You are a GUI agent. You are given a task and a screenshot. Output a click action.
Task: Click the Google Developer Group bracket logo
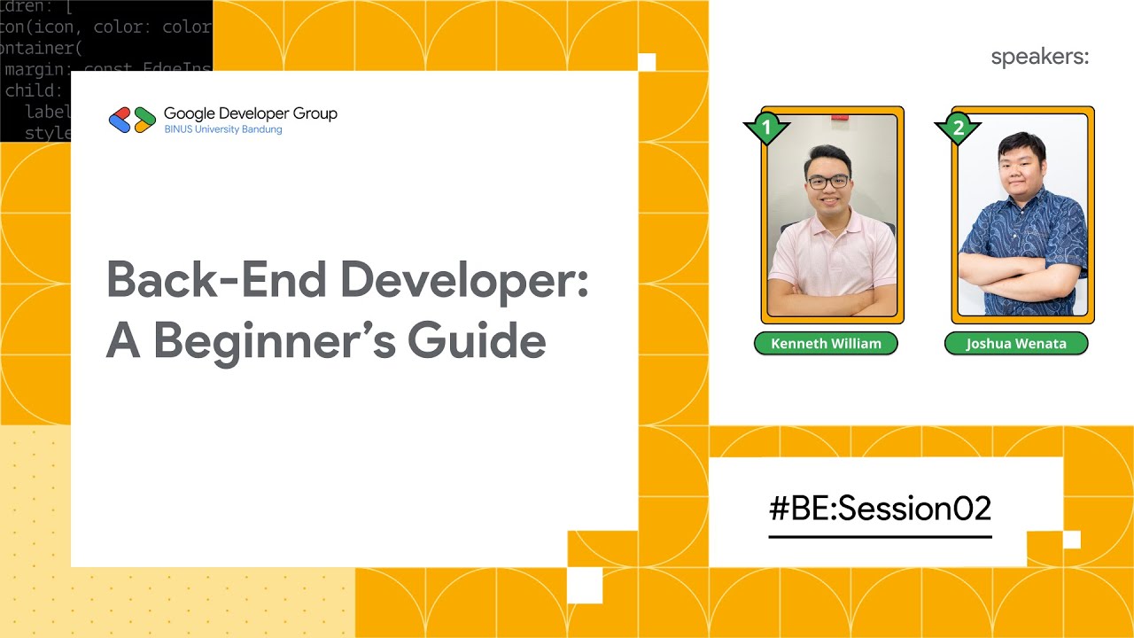132,120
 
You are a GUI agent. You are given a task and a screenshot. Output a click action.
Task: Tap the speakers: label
1039,58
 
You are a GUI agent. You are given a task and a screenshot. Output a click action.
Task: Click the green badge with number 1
765,128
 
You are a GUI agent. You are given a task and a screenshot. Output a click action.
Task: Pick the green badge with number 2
957,128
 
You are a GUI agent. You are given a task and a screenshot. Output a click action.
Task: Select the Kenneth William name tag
826,344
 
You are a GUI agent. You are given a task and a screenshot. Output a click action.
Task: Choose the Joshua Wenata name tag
1016,344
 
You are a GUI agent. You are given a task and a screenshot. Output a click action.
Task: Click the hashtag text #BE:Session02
880,509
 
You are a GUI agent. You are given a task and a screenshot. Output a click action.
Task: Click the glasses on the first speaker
827,181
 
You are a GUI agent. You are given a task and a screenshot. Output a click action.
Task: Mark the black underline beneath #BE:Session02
880,536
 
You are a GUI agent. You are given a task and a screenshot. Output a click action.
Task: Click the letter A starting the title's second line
122,342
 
